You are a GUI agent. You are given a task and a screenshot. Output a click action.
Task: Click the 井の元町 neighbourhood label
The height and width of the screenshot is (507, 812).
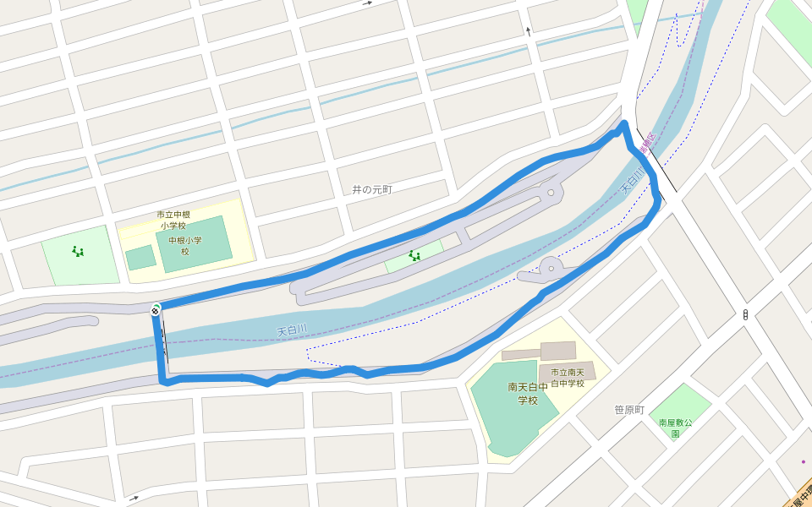click(372, 189)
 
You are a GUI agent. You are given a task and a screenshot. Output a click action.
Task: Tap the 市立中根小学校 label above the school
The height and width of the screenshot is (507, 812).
click(173, 220)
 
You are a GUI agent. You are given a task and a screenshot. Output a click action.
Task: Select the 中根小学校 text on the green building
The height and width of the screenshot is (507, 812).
click(185, 245)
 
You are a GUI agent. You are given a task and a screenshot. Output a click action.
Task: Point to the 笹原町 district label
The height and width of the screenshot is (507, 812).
click(629, 410)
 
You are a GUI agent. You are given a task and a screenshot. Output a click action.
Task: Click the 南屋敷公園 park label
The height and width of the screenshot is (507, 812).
click(676, 428)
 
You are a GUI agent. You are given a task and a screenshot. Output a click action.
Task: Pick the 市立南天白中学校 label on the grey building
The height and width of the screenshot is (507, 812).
click(568, 378)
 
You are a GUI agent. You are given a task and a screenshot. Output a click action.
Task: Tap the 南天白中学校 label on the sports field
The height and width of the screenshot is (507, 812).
click(528, 393)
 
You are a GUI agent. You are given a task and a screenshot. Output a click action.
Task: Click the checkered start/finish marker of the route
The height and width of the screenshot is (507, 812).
click(156, 309)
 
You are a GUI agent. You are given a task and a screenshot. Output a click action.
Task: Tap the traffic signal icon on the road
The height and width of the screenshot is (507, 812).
click(745, 315)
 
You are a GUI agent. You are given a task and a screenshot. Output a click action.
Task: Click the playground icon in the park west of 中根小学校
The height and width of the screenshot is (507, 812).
click(78, 251)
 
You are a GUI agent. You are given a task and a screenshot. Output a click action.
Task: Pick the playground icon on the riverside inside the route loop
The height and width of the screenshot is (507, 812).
click(414, 255)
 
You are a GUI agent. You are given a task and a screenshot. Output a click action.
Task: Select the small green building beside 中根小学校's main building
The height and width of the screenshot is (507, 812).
click(140, 257)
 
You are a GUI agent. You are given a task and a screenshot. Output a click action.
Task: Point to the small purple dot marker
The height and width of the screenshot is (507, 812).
click(803, 461)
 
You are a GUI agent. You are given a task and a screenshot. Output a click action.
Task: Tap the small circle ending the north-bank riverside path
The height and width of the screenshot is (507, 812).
click(551, 194)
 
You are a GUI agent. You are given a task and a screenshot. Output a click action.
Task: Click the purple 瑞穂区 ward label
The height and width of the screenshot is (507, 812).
click(647, 144)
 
